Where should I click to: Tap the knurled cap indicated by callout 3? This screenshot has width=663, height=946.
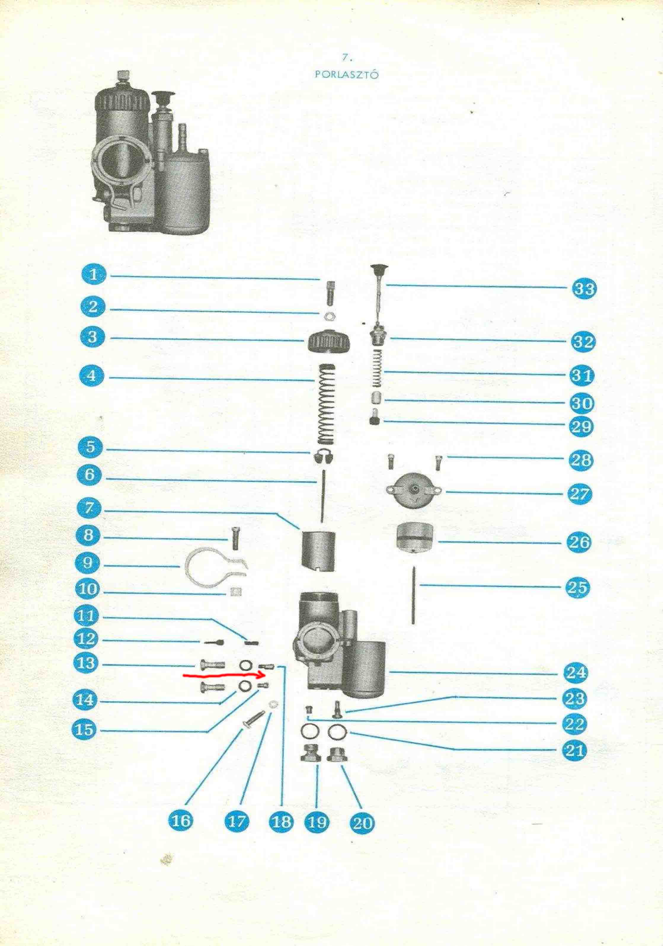tap(329, 341)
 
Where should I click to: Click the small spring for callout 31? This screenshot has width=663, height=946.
tap(376, 368)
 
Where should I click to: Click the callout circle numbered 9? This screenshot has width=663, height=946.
tap(88, 563)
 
